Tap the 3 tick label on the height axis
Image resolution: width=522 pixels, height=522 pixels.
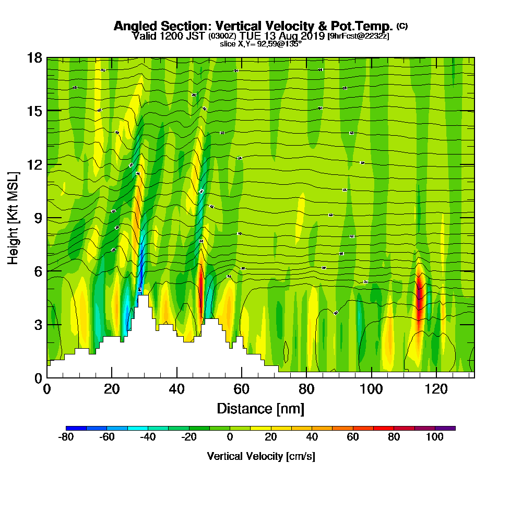point(38,325)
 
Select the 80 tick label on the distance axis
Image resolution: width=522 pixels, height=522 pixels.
point(306,389)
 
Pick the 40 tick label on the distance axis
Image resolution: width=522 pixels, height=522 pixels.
point(177,389)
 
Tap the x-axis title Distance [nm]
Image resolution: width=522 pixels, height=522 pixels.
point(260,408)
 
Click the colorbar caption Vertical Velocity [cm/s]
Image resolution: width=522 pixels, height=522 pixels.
point(260,456)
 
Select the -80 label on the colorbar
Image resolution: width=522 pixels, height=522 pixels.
point(65,437)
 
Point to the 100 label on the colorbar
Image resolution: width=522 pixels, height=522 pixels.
point(435,437)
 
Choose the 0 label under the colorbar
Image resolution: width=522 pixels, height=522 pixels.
point(230,437)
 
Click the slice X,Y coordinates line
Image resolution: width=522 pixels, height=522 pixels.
point(260,44)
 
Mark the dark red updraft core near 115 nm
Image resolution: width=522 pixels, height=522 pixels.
point(420,298)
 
